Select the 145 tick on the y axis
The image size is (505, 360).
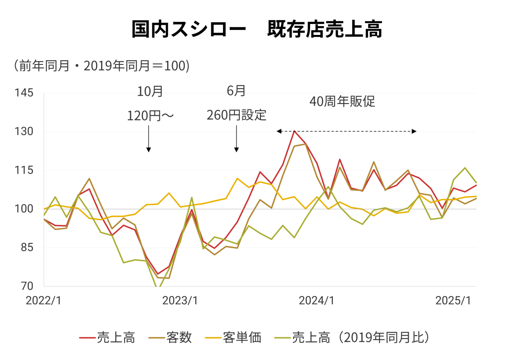click(x=24, y=93)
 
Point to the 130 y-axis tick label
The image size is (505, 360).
click(x=24, y=132)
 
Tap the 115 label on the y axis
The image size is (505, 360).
click(x=24, y=171)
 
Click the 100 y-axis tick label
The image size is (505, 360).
click(x=24, y=209)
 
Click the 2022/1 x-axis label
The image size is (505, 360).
click(x=43, y=301)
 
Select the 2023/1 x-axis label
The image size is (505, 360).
click(x=180, y=301)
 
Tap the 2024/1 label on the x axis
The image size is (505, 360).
click(x=316, y=301)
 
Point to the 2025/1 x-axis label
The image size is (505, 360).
click(x=453, y=301)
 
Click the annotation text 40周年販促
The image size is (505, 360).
click(x=342, y=102)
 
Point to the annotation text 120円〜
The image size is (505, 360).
click(x=150, y=115)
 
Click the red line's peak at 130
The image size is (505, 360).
click(x=294, y=131)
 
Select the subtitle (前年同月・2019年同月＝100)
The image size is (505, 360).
click(x=101, y=66)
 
